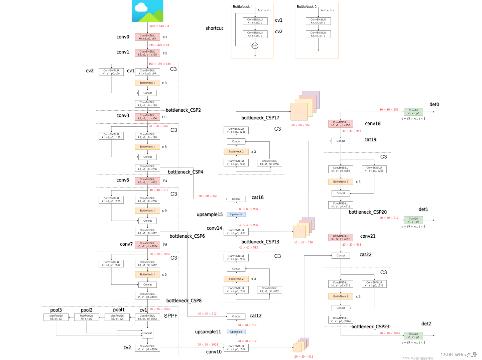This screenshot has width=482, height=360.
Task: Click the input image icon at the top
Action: click(x=147, y=11)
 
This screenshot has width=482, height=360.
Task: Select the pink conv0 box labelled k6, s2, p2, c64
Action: click(x=147, y=37)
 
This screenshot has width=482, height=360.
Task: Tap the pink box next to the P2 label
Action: click(x=147, y=53)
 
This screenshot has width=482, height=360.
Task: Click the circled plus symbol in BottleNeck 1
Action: click(x=255, y=46)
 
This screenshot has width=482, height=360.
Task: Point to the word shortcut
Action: click(x=214, y=28)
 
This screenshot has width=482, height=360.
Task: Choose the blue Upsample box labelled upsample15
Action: click(x=236, y=214)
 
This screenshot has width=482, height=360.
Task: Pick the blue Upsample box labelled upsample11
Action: click(x=236, y=332)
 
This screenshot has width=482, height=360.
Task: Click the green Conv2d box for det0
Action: click(x=413, y=112)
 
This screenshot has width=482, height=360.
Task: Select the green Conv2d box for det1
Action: click(x=413, y=220)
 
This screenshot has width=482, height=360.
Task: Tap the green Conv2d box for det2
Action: click(x=413, y=336)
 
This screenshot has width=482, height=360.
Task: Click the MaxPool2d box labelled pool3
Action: click(x=56, y=317)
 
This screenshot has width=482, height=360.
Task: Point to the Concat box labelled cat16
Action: click(x=236, y=199)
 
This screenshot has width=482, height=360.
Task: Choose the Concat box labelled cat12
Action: click(x=236, y=316)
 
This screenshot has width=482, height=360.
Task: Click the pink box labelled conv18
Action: click(x=341, y=124)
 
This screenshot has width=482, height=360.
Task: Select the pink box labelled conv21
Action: click(x=341, y=238)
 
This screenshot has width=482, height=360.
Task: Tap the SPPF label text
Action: click(x=170, y=316)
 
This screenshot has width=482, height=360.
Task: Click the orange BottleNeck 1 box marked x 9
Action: click(x=147, y=211)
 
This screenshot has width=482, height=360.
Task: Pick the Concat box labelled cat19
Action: click(x=341, y=141)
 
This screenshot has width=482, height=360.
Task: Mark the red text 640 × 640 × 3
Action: click(x=159, y=26)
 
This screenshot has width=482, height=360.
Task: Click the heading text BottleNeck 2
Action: click(x=307, y=7)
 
